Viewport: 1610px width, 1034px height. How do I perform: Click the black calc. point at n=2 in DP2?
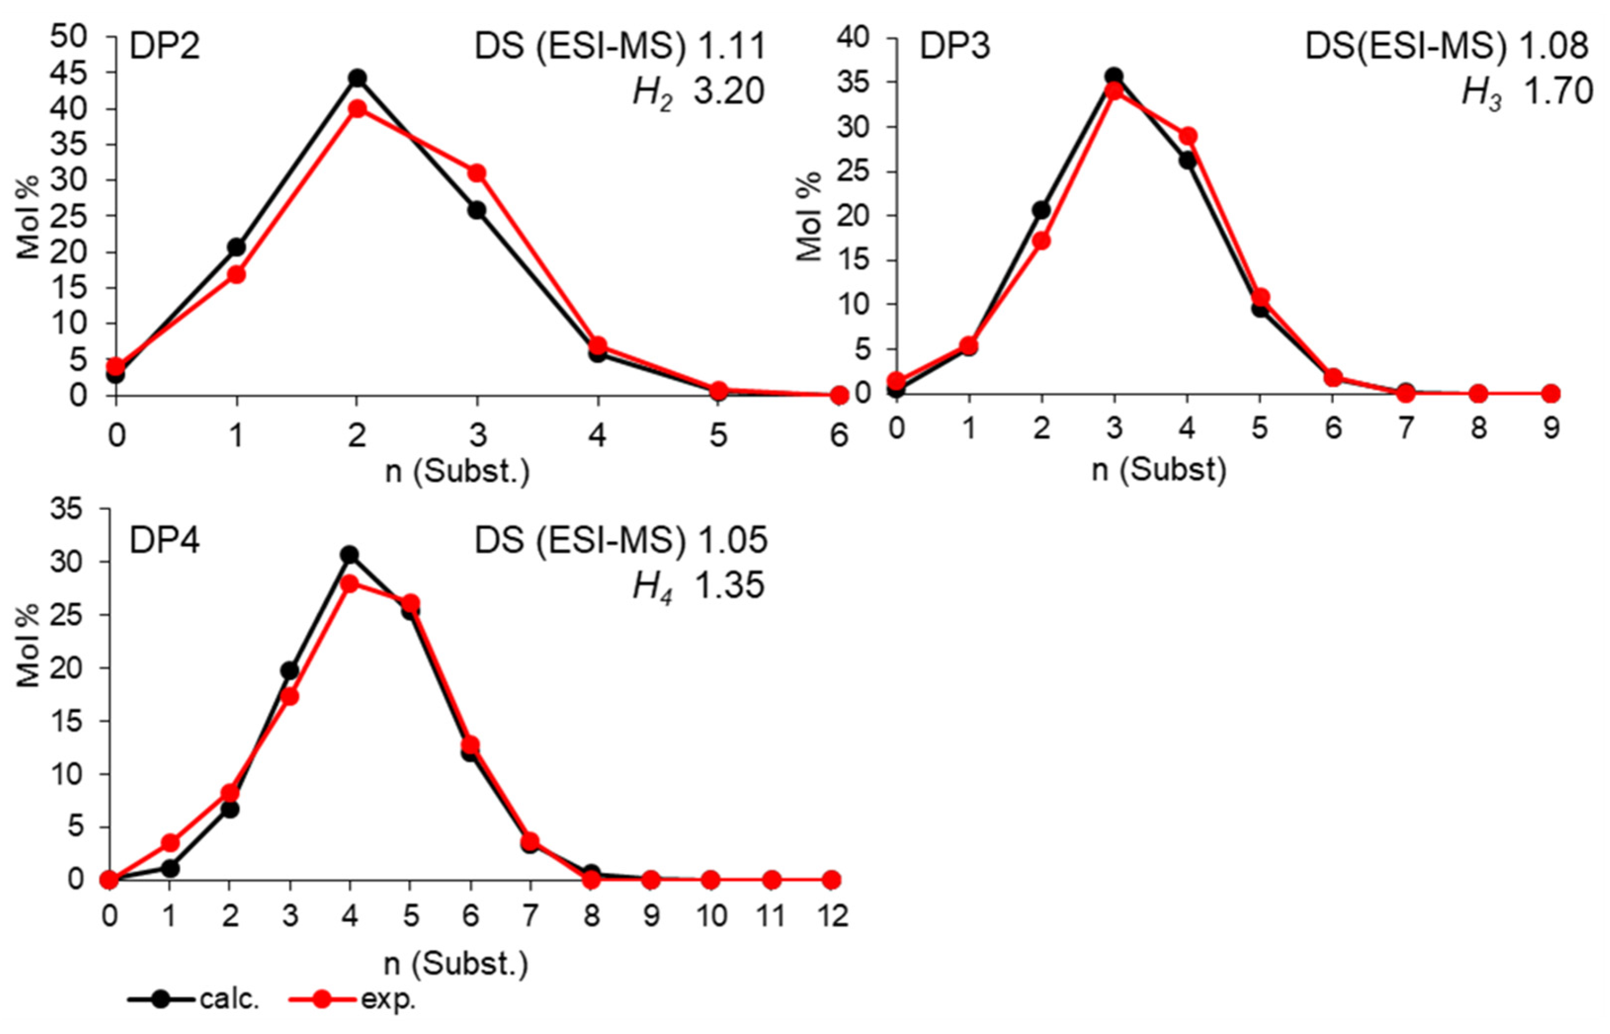pyautogui.click(x=357, y=78)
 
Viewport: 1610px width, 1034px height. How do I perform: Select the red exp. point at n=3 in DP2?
pyautogui.click(x=477, y=173)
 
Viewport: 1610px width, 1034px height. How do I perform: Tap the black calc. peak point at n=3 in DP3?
pyautogui.click(x=1114, y=77)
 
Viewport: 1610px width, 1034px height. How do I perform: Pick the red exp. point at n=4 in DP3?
pyautogui.click(x=1187, y=136)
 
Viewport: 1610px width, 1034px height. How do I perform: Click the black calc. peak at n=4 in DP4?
pyautogui.click(x=349, y=555)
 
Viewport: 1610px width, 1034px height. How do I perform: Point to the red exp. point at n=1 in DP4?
pyautogui.click(x=170, y=842)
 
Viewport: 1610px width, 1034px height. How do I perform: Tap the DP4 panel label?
pyautogui.click(x=164, y=541)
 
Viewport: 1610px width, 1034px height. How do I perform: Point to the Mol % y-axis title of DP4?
pyautogui.click(x=29, y=645)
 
